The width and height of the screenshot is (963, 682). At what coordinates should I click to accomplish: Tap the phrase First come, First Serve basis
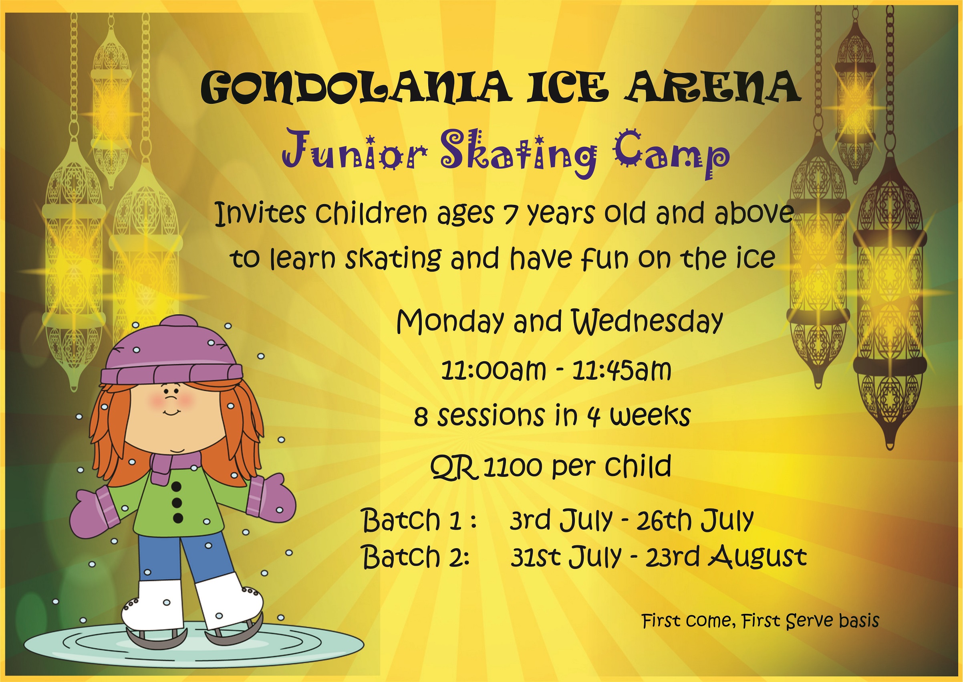click(760, 621)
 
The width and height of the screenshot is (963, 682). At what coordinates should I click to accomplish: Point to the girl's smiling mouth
click(171, 413)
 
